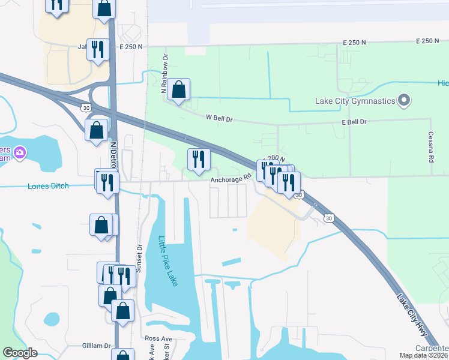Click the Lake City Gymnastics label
tap(355, 101)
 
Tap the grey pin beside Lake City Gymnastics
tap(404, 100)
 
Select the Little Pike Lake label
tap(168, 261)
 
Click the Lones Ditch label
tap(48, 186)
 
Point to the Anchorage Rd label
tap(229, 179)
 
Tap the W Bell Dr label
tap(219, 119)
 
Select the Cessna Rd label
tap(431, 148)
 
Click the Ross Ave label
tap(158, 339)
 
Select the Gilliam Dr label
tap(97, 346)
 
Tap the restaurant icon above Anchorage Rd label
tap(199, 160)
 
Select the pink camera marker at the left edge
tap(19, 153)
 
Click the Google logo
tap(20, 353)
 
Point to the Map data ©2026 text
tap(423, 356)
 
